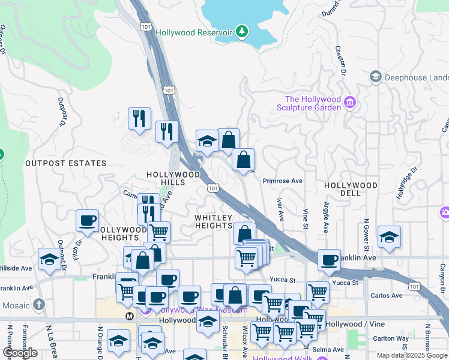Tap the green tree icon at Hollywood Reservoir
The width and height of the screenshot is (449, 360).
coord(241,31)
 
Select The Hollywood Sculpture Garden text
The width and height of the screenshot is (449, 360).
coord(313,103)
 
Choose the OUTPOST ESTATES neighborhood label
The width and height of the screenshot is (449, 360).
coord(65,163)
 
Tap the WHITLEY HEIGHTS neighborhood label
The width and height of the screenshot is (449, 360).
coord(213,221)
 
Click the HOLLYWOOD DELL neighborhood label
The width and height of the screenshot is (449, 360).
coord(351,189)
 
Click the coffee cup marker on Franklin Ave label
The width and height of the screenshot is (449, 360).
coord(329,259)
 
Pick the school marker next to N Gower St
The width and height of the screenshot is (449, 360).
coord(389,238)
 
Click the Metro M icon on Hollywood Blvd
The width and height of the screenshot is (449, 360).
coord(129,316)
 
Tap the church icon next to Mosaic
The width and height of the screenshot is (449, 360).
coord(40,305)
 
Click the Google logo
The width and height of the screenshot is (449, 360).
coord(20,352)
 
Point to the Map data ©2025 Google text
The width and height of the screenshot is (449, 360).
coord(412,355)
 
